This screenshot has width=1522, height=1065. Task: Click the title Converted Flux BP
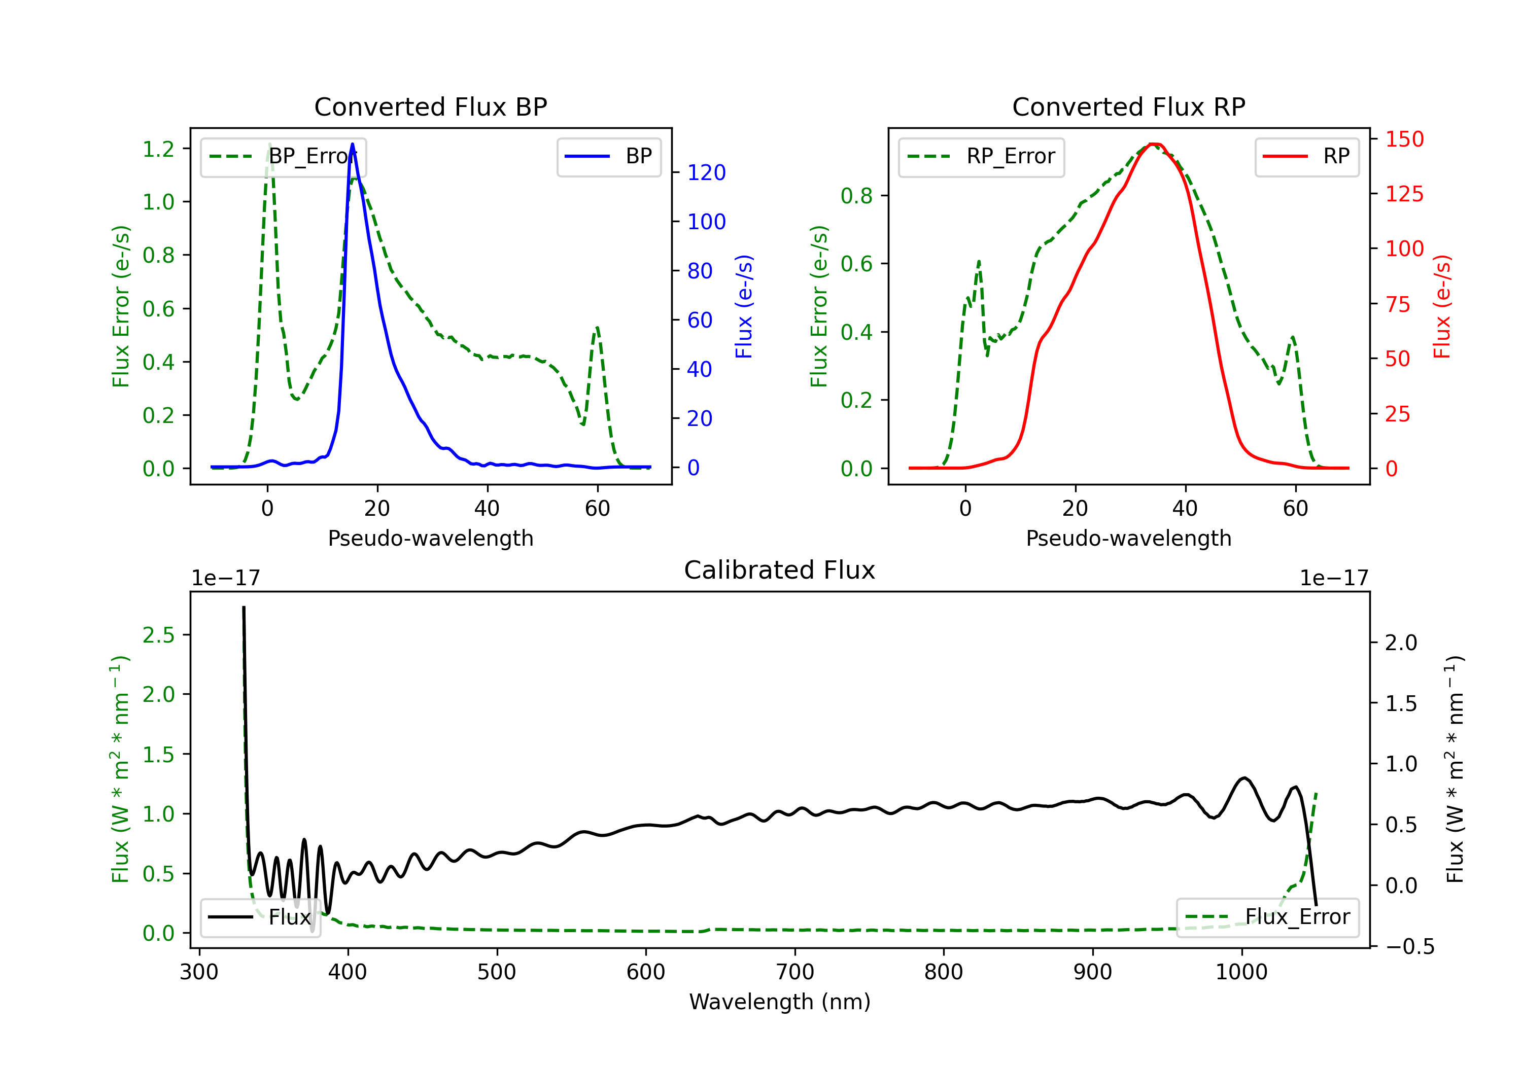(430, 106)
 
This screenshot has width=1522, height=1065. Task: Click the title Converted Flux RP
(1128, 106)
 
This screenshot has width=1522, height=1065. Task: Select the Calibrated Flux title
(780, 570)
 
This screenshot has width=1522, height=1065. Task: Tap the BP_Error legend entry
(283, 156)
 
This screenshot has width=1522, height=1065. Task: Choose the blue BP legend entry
(608, 156)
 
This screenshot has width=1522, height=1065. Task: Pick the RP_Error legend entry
(981, 156)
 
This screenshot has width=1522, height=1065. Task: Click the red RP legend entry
(1306, 156)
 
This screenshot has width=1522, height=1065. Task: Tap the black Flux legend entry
(260, 917)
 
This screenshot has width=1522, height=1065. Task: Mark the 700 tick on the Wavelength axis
(795, 972)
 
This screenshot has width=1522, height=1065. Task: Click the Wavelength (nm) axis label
(780, 1002)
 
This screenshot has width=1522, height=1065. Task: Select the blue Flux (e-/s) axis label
(744, 306)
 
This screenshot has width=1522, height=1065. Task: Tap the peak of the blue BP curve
(352, 144)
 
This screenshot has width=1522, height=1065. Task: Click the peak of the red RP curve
(1154, 144)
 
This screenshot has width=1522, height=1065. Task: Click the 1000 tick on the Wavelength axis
(1241, 972)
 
